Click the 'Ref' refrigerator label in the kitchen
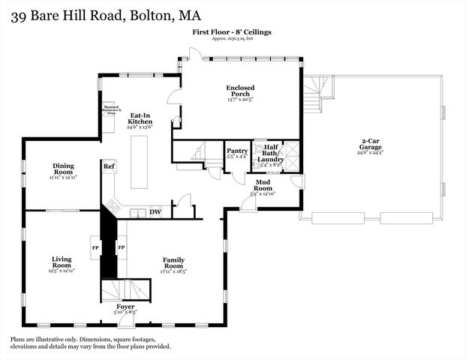click(109, 166)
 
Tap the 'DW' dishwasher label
click(155, 212)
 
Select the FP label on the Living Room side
click(95, 247)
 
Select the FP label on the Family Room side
click(121, 247)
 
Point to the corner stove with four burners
click(114, 205)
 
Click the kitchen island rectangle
click(140, 162)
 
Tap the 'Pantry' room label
click(237, 151)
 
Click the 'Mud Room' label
click(263, 184)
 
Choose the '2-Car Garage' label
click(371, 144)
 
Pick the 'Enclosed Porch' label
click(239, 92)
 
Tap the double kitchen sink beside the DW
click(137, 213)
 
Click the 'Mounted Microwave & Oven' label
click(112, 110)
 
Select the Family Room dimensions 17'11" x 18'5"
click(173, 271)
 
